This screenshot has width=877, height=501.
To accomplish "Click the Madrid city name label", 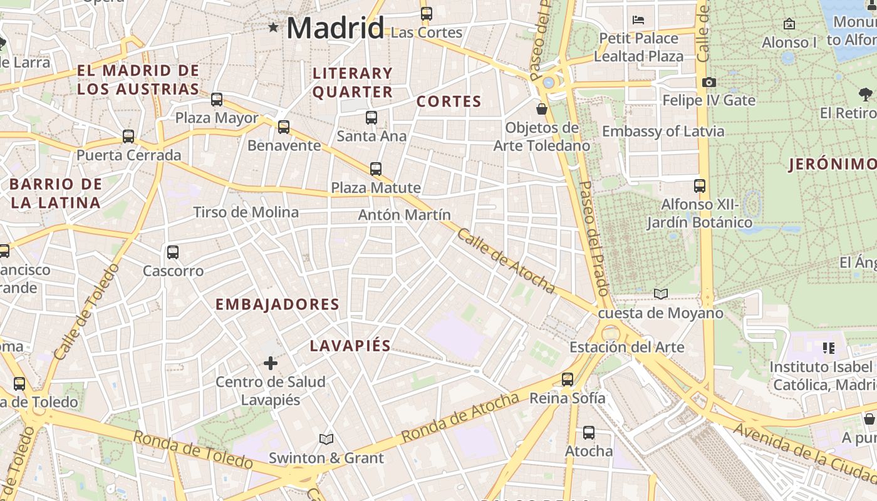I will point(335,28).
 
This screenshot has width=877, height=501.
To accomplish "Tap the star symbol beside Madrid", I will point(273,27).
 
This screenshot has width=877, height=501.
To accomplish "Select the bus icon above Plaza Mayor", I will point(217,100).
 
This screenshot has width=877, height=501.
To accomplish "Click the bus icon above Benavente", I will point(284,127).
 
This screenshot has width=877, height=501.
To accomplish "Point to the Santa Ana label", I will point(371,136).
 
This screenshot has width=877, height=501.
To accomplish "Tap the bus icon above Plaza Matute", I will point(376,169).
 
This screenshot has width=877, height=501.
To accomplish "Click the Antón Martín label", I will point(404,215).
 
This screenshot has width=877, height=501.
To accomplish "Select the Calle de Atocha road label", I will point(506,261).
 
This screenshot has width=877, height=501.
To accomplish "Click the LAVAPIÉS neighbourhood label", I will point(350,346).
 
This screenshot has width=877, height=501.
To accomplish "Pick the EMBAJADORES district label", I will point(278,305).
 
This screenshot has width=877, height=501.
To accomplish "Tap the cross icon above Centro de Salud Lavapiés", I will point(271,363).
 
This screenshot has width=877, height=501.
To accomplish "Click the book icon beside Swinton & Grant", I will point(326,439).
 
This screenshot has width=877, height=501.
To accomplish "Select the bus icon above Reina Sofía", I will point(568,380).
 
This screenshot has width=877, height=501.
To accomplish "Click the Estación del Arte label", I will point(626,347).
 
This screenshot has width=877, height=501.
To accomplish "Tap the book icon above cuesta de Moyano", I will point(661,294).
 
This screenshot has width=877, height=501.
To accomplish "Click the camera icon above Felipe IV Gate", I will point(709,83).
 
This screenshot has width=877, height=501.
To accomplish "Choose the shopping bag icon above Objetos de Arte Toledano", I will point(542,110).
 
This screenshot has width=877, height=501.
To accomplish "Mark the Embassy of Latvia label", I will point(663,132).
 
